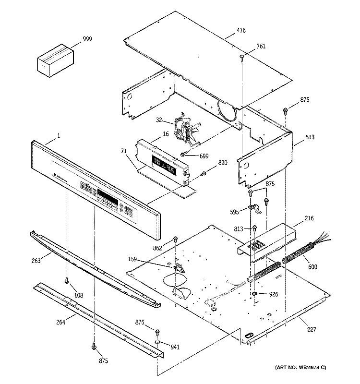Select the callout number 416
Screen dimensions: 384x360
click(x=240, y=31)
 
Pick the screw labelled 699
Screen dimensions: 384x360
click(x=183, y=154)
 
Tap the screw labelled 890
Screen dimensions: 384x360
click(x=203, y=173)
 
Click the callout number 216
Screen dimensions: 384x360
click(x=309, y=218)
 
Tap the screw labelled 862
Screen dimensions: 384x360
click(x=176, y=239)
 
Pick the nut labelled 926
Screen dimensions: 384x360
click(x=254, y=293)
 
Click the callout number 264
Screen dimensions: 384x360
click(x=60, y=322)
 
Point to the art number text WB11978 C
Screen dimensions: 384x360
click(x=300, y=367)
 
